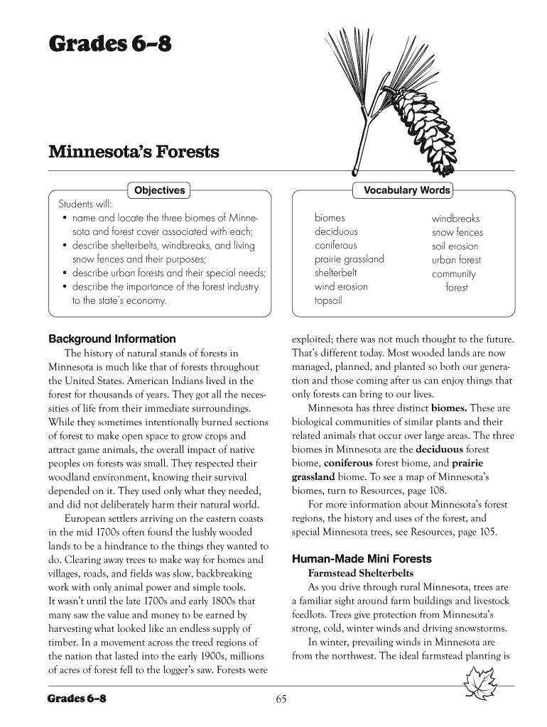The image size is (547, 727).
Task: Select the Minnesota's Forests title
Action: point(134,152)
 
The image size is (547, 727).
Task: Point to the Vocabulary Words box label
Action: point(406,190)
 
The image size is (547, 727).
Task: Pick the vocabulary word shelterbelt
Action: point(336,273)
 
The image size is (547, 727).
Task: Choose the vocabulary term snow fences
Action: point(457,232)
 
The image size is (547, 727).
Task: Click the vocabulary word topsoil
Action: point(328,300)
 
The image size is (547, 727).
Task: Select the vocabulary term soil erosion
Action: point(455,246)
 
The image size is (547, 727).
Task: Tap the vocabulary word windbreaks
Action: point(455,219)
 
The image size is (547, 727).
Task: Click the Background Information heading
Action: point(112,339)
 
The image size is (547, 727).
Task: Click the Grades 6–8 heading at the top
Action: point(109,45)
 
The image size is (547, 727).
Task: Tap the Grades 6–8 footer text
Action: point(77,699)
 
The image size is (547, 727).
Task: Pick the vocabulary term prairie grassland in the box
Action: point(349,259)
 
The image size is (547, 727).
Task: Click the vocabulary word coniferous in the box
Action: point(336,246)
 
